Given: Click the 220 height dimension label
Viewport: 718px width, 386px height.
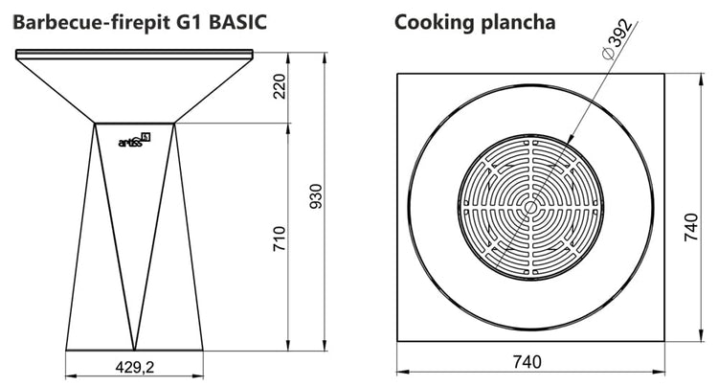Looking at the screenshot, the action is (x=279, y=86).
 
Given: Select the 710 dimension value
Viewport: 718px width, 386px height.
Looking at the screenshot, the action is (x=279, y=238).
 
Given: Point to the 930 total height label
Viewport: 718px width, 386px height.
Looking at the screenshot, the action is (x=316, y=196).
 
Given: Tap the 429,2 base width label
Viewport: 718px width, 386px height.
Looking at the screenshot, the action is (x=135, y=367).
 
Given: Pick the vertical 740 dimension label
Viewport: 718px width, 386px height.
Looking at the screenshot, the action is (x=690, y=227).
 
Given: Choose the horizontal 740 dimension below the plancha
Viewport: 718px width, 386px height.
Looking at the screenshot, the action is (x=527, y=362).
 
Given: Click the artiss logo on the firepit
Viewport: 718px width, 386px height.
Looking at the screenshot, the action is (x=134, y=140).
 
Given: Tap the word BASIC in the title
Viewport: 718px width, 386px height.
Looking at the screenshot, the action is (x=237, y=21).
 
